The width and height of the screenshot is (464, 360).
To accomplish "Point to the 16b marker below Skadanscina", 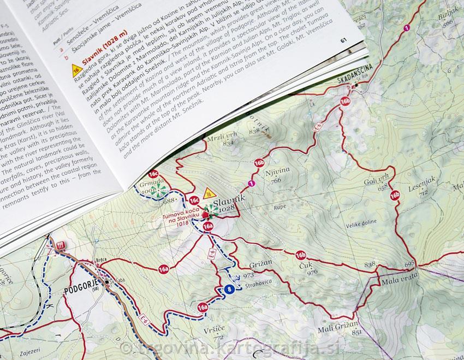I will (x=344, y=101).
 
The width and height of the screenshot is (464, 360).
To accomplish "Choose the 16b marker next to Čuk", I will (x=300, y=255).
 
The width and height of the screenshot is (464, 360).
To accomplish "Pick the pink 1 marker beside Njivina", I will (x=251, y=183).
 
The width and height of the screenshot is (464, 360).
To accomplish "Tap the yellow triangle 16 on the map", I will (x=208, y=193).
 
